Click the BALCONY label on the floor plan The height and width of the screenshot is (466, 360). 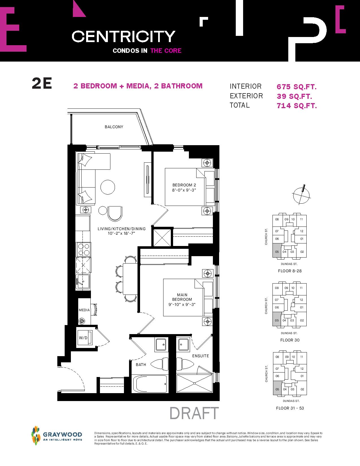point(114,127)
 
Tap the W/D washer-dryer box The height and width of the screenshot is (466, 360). point(85,338)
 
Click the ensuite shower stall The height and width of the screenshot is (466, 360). point(194,384)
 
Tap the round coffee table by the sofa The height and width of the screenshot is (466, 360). point(108,187)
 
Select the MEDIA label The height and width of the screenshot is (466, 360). point(84,310)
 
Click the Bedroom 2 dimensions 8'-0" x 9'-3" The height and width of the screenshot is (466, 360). point(184,190)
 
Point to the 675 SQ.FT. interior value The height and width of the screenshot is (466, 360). point(296,87)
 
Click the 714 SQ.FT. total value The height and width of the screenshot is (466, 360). point(297,106)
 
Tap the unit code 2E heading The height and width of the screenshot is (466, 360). point(42,83)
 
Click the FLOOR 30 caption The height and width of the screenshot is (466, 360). point(290,340)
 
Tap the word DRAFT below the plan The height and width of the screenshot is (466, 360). point(194,413)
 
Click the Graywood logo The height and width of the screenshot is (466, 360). point(56,435)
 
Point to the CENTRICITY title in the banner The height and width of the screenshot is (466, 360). point(123,36)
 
